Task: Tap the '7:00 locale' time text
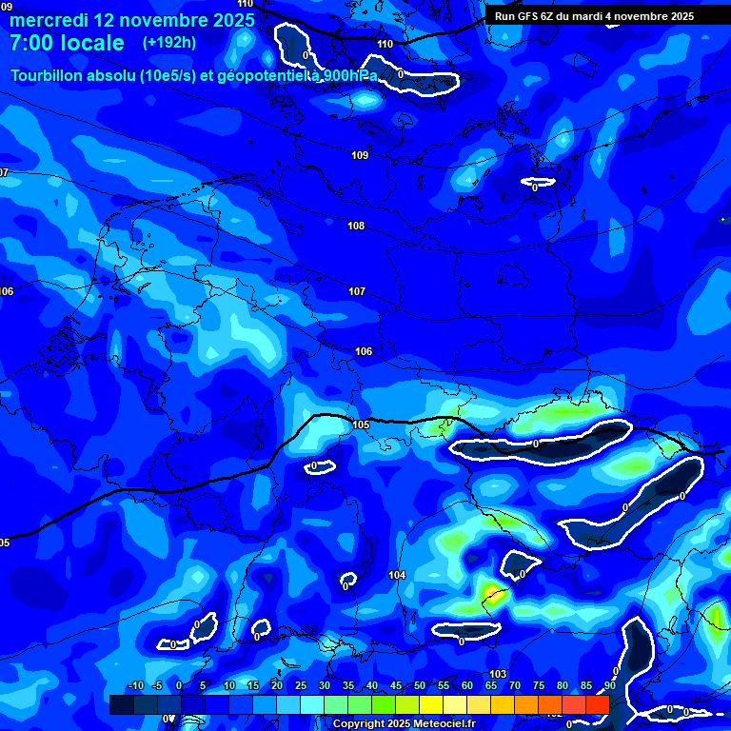(67, 43)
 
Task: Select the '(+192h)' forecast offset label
(169, 43)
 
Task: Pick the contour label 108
(356, 226)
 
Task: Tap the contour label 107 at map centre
(357, 291)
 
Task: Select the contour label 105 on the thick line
(361, 425)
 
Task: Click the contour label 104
(397, 575)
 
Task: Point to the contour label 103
(498, 674)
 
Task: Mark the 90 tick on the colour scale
(609, 686)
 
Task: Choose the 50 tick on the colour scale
(420, 686)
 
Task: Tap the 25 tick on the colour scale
(301, 686)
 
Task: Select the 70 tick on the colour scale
(515, 686)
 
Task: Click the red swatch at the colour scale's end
(597, 704)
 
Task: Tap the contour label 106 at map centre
(364, 351)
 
